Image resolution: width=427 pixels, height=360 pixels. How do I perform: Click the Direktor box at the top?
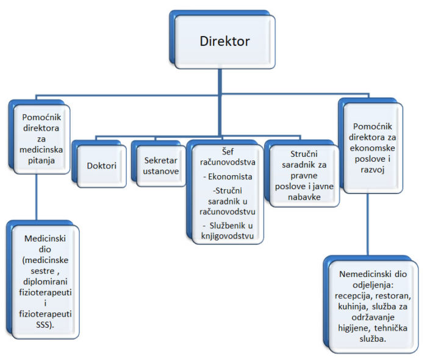click(224, 41)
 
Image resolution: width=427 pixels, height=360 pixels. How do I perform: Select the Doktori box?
click(100, 165)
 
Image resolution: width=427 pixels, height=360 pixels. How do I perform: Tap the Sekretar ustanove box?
click(161, 165)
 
